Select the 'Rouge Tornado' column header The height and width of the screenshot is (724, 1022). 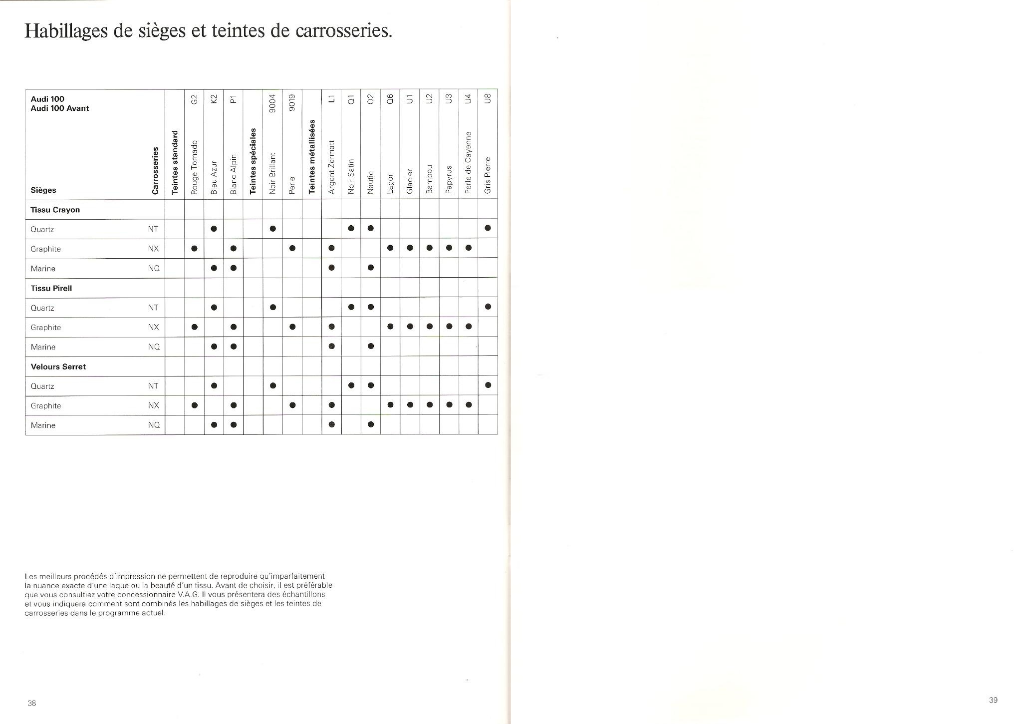pos(195,167)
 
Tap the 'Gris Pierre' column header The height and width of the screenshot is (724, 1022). pos(488,175)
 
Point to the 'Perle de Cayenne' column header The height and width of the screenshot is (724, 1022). pos(469,163)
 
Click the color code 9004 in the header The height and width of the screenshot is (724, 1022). pos(272,103)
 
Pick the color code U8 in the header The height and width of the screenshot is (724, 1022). pos(488,98)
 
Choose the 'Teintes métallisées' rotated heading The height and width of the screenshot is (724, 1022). pos(312,156)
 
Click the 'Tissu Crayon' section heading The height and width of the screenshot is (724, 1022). pos(55,210)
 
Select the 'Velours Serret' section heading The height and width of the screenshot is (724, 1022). pos(58,366)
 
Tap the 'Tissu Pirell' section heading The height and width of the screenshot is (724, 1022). pos(51,288)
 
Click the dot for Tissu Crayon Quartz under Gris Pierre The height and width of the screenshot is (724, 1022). pos(488,228)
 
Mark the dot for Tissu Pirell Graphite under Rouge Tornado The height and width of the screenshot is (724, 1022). pos(195,327)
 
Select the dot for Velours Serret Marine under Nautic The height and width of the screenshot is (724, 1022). pos(371,425)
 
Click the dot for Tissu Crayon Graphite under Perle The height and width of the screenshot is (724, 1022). pos(292,248)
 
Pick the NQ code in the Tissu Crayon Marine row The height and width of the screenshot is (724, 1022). pos(154,268)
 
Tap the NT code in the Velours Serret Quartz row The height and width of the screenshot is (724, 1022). pos(153,386)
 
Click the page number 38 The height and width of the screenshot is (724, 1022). pos(32,703)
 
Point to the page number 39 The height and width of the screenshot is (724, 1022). pos(993,700)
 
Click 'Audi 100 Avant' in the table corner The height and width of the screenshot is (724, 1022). pos(60,108)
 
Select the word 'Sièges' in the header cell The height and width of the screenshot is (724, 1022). pos(43,190)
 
